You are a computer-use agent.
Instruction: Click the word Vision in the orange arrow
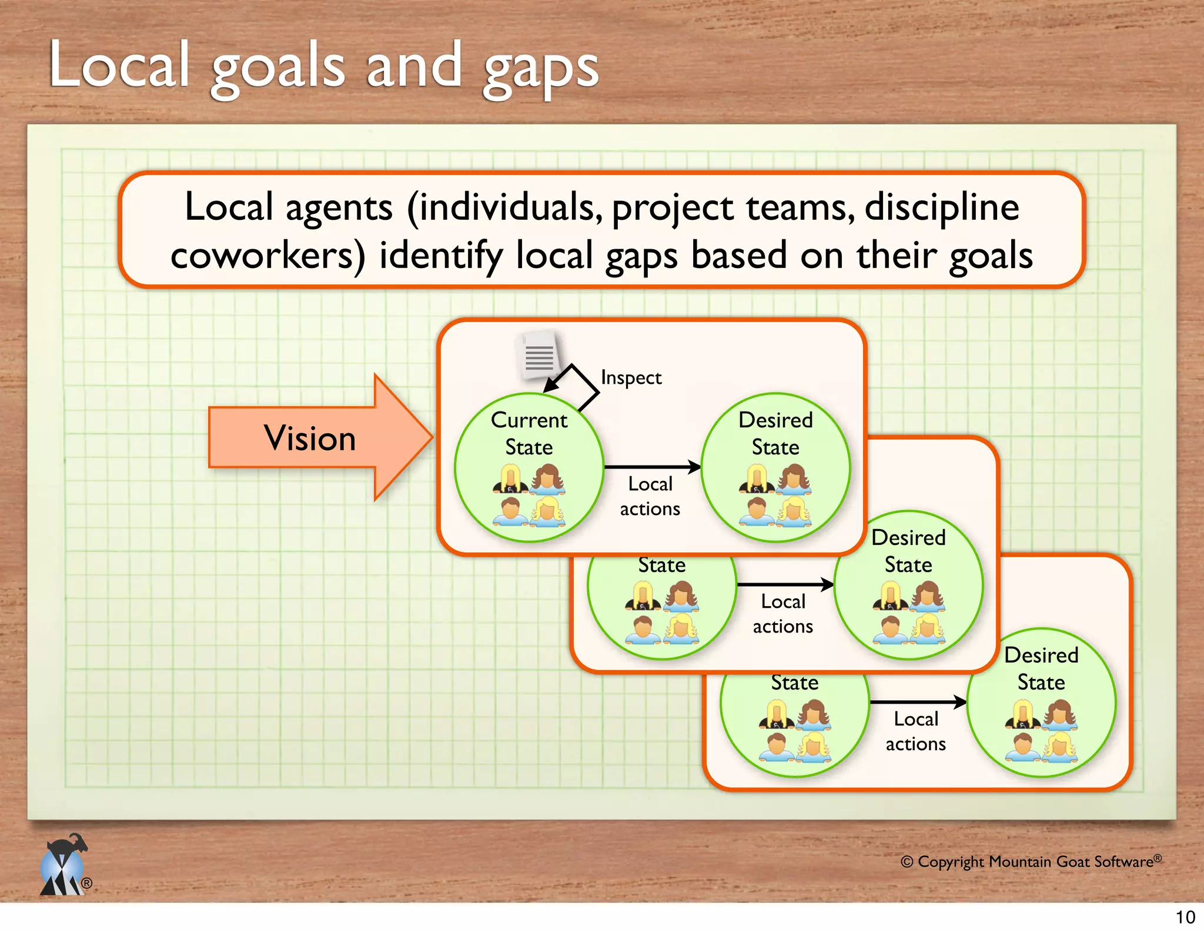pyautogui.click(x=310, y=438)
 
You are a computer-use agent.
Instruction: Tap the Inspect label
pyautogui.click(x=631, y=377)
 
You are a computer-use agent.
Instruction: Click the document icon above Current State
pyautogui.click(x=539, y=356)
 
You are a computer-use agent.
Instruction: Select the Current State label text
pyautogui.click(x=529, y=433)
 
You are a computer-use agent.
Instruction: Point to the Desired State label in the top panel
pyautogui.click(x=775, y=433)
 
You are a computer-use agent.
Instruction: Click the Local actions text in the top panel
pyautogui.click(x=650, y=496)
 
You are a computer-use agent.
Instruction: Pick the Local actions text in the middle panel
pyautogui.click(x=782, y=614)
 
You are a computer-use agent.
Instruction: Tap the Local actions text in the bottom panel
pyautogui.click(x=915, y=731)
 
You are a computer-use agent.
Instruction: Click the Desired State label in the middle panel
pyautogui.click(x=908, y=551)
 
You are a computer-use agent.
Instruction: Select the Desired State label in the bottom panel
pyautogui.click(x=1041, y=668)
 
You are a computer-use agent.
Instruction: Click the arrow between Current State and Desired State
pyautogui.click(x=652, y=467)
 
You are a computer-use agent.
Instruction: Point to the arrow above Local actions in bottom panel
pyautogui.click(x=918, y=702)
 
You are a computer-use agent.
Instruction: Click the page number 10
pyautogui.click(x=1185, y=917)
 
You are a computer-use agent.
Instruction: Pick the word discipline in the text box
pyautogui.click(x=942, y=208)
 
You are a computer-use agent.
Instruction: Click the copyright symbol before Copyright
pyautogui.click(x=907, y=862)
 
